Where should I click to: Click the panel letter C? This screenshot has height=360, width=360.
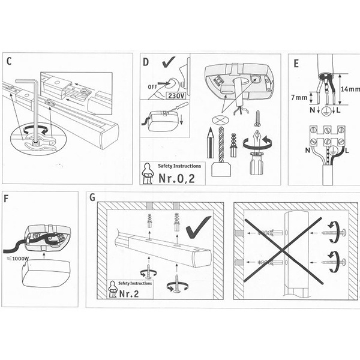tap(9, 62)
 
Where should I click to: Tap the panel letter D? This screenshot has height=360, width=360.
tap(146, 62)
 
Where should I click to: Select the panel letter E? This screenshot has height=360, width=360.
tap(296, 64)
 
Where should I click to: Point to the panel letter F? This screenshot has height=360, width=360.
tap(6, 199)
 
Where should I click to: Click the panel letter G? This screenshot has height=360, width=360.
tap(92, 197)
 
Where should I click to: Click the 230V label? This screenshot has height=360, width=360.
tap(176, 95)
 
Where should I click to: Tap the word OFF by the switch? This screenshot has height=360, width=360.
tap(152, 87)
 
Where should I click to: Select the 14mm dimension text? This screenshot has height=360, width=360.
tap(350, 89)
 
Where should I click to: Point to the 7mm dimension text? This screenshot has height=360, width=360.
tap(299, 98)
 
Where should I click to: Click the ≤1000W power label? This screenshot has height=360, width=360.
tap(18, 259)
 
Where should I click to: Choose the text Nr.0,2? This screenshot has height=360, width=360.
tap(176, 178)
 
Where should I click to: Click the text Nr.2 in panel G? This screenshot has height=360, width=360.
tap(129, 293)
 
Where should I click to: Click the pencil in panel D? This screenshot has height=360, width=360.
tap(211, 143)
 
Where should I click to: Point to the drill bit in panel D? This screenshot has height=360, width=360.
tap(221, 144)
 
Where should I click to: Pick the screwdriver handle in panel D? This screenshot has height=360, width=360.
tap(256, 164)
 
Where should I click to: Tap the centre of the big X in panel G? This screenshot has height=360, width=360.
tap(283, 251)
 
